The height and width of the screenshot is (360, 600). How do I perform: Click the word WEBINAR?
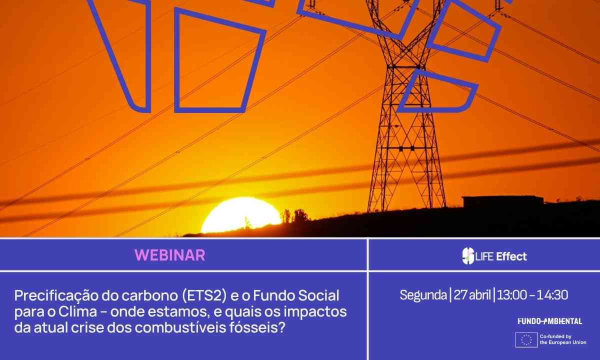[x=170, y=255]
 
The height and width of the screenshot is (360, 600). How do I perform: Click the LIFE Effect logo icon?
[x=467, y=256]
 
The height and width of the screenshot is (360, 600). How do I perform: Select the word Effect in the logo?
[x=511, y=256]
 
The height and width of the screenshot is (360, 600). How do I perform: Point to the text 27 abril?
[x=472, y=295]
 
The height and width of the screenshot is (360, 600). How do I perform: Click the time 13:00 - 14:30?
[x=533, y=295]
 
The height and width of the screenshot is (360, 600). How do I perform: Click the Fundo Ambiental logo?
[x=549, y=321]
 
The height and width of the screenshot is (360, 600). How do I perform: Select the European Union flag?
[x=526, y=340]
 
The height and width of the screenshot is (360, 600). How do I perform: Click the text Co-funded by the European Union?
[x=562, y=340]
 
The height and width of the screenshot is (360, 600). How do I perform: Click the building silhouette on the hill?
[x=502, y=201]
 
